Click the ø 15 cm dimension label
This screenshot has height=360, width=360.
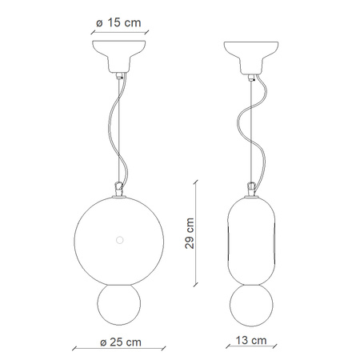[118, 22]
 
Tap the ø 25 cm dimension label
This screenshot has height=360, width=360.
[121, 342]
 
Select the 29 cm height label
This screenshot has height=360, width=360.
[190, 234]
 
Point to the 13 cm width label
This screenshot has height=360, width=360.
[251, 340]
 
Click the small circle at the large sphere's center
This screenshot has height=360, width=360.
[120, 240]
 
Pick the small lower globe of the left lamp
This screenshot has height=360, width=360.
[119, 304]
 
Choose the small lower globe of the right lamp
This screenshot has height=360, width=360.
[251, 306]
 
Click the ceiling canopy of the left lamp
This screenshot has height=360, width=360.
[119, 57]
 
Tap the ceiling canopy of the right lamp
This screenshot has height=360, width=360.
[251, 58]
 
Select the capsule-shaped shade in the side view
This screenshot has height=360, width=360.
[251, 242]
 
